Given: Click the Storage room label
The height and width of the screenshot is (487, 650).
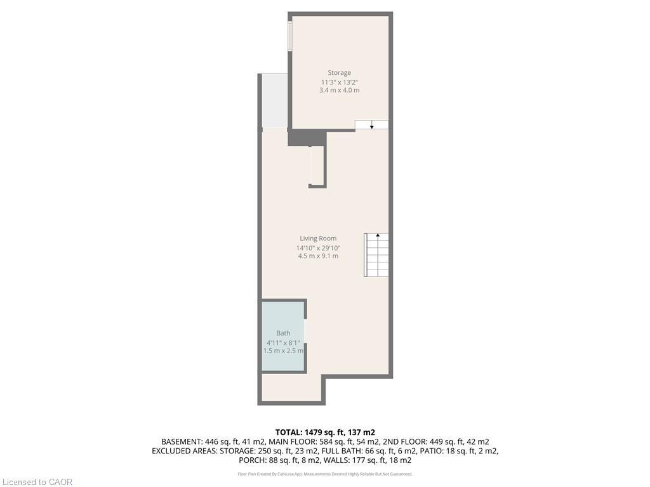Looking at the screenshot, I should [x=339, y=73].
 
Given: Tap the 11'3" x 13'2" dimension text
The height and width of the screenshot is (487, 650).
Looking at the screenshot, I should [x=339, y=82].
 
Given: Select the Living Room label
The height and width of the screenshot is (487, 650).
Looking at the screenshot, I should [x=318, y=238].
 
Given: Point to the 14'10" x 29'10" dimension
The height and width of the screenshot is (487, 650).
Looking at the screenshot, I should [x=318, y=247].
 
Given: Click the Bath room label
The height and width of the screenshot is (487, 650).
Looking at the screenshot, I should [x=283, y=334].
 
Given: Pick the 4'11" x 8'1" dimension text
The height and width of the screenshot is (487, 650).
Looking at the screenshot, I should [x=283, y=342].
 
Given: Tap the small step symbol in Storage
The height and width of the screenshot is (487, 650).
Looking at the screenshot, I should [x=371, y=124].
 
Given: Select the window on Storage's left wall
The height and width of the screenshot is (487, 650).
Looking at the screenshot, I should [x=290, y=37].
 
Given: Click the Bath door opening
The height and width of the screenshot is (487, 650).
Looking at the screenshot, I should [x=305, y=330].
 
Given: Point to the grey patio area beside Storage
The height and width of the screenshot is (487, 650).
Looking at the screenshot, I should [x=274, y=100].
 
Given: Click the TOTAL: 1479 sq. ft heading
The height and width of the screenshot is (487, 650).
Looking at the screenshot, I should [x=324, y=432].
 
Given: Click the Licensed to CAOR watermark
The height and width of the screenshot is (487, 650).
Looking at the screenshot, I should [x=37, y=482].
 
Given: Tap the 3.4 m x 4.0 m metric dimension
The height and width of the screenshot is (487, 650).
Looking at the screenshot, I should [x=339, y=91].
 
